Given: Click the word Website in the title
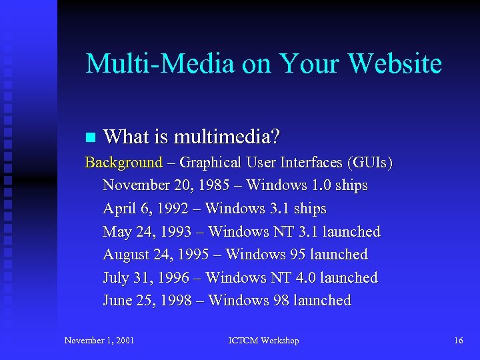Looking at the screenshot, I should (x=395, y=64).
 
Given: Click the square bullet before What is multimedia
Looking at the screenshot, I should (x=91, y=138).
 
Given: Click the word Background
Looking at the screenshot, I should (x=123, y=162).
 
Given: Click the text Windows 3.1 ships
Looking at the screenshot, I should (x=266, y=209).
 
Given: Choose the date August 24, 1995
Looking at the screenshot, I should (x=160, y=255).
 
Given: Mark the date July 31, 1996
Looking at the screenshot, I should (x=151, y=278).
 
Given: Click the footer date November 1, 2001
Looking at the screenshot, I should (x=99, y=341).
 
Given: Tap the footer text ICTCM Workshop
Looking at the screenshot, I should (x=263, y=341).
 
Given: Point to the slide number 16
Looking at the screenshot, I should (x=458, y=341).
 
